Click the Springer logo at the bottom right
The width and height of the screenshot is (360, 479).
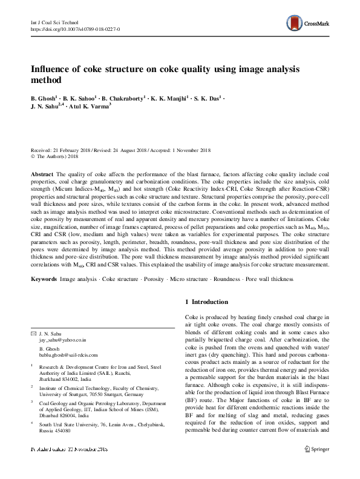pos(316,466)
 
